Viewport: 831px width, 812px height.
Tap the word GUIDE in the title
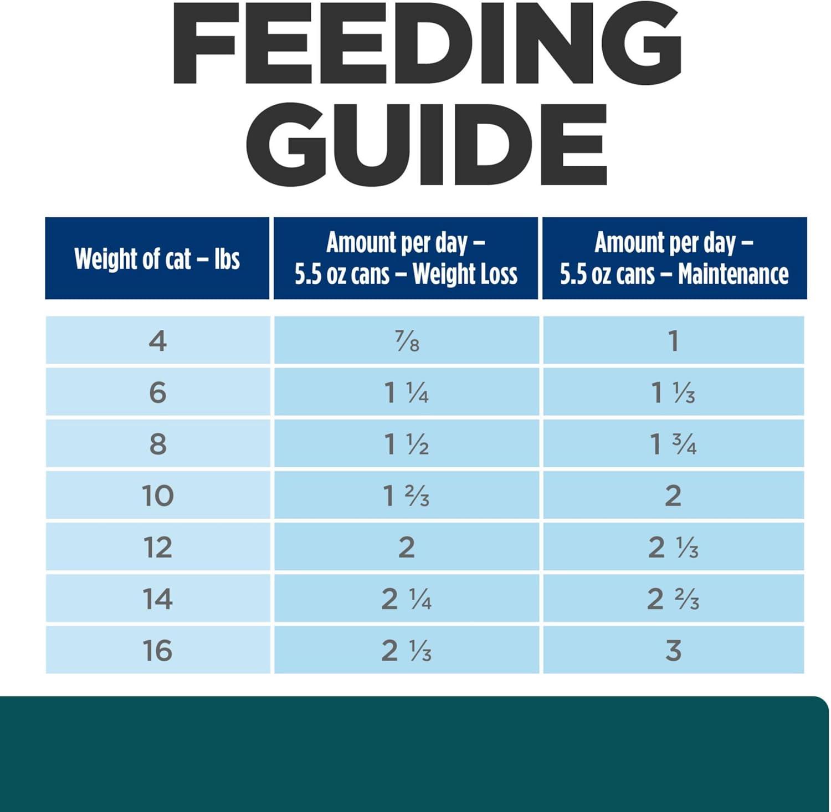tap(427, 143)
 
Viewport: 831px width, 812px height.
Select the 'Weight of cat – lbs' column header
tap(157, 259)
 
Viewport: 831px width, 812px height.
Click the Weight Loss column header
tap(406, 258)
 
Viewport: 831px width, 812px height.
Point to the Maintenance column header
tap(674, 258)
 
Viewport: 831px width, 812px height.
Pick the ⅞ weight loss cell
tap(407, 341)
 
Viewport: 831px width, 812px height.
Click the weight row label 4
tap(158, 341)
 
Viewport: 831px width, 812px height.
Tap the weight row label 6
tap(158, 392)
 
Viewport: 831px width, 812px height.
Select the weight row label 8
tap(158, 444)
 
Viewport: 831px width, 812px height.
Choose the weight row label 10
tap(158, 496)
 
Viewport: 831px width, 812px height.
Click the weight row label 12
tap(158, 548)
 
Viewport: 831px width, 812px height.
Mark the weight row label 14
tap(158, 599)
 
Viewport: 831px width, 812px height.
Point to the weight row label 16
tap(158, 651)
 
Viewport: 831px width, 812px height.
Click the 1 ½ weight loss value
tap(407, 444)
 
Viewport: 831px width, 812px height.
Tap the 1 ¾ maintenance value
tap(673, 444)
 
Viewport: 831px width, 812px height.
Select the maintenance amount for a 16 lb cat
tap(673, 651)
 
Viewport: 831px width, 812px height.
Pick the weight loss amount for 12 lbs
tap(407, 548)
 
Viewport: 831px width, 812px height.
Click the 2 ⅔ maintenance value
tap(673, 599)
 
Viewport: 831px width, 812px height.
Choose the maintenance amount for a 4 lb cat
tap(673, 341)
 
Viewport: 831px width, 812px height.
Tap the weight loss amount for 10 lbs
tap(407, 496)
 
